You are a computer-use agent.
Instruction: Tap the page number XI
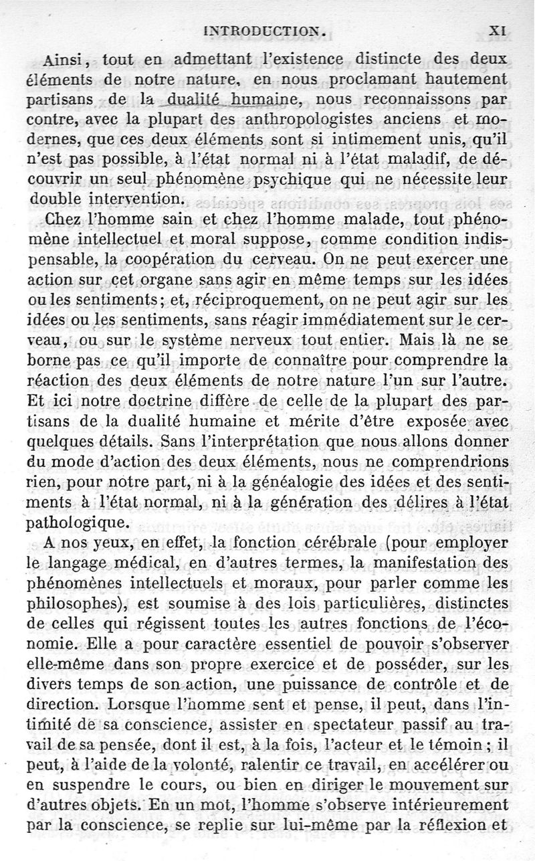(x=500, y=30)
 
